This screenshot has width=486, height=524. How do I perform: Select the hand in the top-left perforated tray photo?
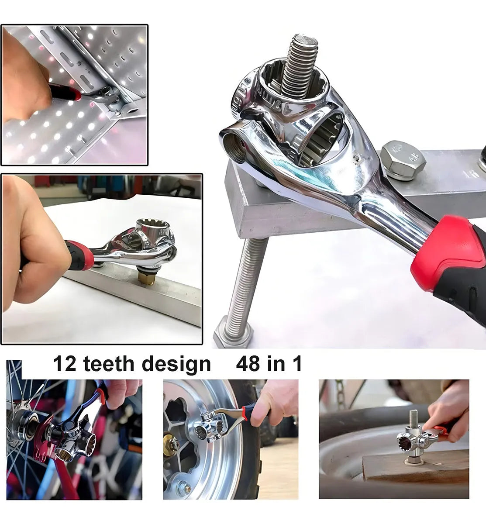26,87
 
